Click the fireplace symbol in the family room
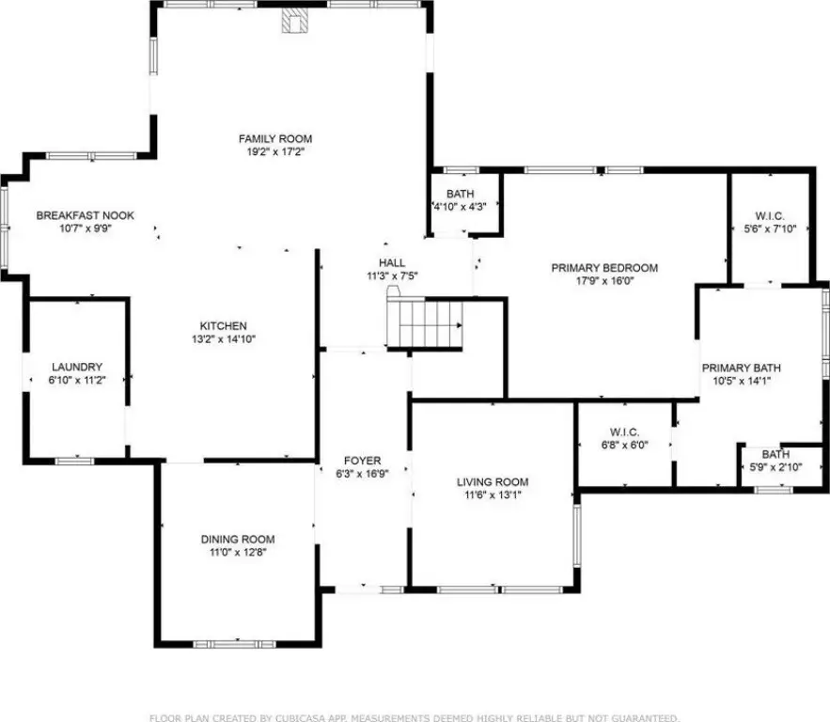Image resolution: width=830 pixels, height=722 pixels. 294,21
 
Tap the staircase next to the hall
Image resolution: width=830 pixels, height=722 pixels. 425,322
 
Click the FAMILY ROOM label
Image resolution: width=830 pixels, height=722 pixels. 275,139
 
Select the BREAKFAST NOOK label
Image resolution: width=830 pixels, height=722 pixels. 86,215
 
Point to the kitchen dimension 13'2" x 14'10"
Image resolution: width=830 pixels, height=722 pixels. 224,339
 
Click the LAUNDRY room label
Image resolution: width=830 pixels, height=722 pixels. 77,367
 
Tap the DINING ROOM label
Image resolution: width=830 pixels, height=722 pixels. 238,540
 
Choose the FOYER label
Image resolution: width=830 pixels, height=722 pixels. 362,461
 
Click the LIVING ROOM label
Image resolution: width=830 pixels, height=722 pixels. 493,481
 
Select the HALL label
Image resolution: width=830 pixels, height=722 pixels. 392,262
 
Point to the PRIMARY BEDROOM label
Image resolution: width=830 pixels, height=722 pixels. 604,268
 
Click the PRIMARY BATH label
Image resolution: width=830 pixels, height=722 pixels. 741,368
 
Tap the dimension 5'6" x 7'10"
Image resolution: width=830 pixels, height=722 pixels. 770,229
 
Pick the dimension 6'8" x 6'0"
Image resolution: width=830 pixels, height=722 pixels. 625,446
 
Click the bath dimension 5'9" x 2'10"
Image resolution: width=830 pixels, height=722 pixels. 776,467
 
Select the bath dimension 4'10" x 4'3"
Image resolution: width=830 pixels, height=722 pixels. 460,207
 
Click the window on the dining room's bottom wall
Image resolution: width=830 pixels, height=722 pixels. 234,644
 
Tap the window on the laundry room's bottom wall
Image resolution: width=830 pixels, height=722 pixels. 74,461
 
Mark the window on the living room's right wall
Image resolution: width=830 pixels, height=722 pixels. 577,536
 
